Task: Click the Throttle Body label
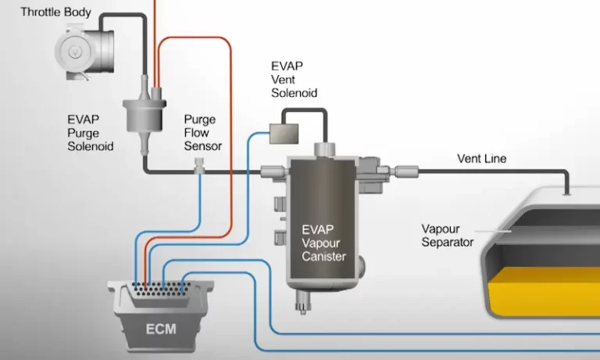[x=55, y=12]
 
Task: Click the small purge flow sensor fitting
[x=201, y=166]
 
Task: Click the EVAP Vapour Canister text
[x=323, y=243]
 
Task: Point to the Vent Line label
[x=481, y=159]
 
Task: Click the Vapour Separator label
[x=448, y=235]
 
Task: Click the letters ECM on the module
[x=159, y=328]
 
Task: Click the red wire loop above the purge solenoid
[x=195, y=43]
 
